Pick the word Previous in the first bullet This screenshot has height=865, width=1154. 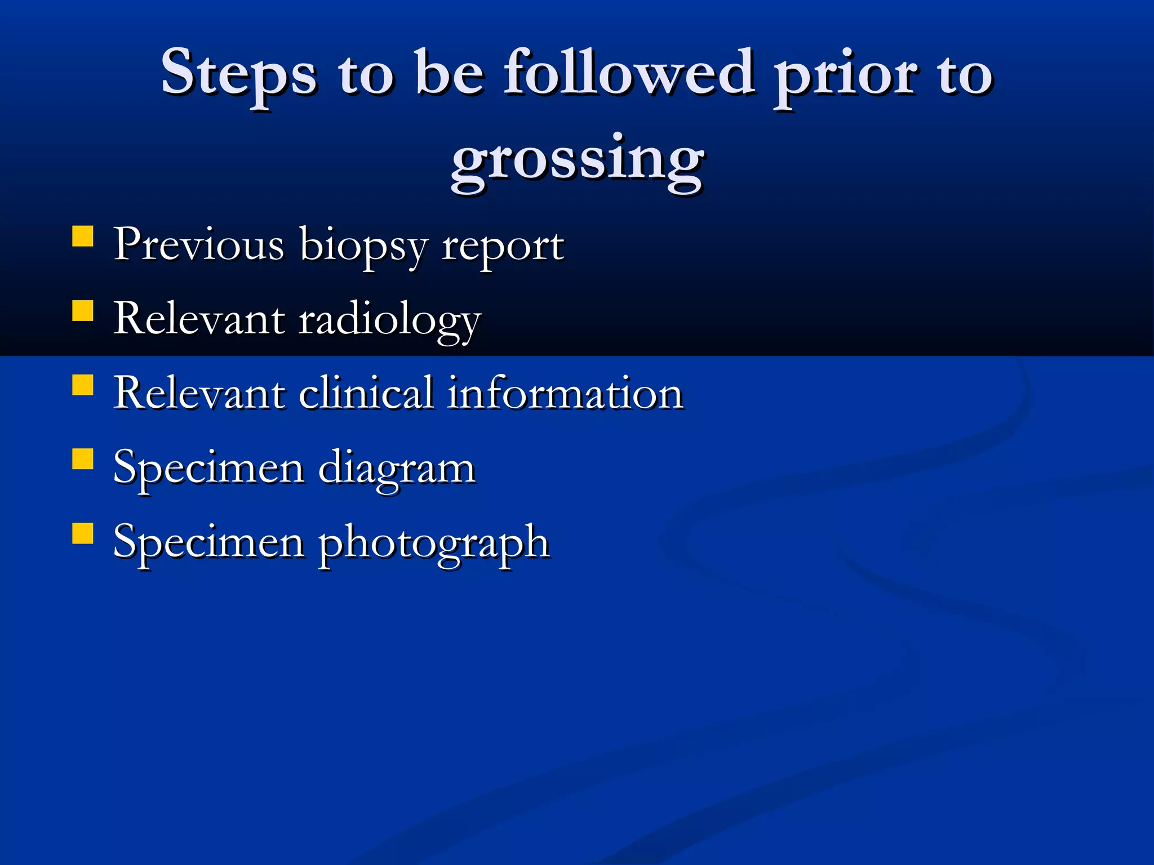click(199, 244)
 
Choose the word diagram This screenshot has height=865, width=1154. click(397, 469)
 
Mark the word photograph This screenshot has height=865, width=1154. click(434, 543)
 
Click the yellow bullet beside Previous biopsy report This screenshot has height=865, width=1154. click(83, 237)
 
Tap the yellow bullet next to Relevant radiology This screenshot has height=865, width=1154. click(83, 310)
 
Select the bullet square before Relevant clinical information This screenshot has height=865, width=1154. click(83, 385)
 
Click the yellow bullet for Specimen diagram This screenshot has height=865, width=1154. click(83, 459)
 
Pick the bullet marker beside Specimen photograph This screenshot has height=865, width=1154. click(83, 533)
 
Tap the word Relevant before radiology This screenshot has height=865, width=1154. click(199, 319)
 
